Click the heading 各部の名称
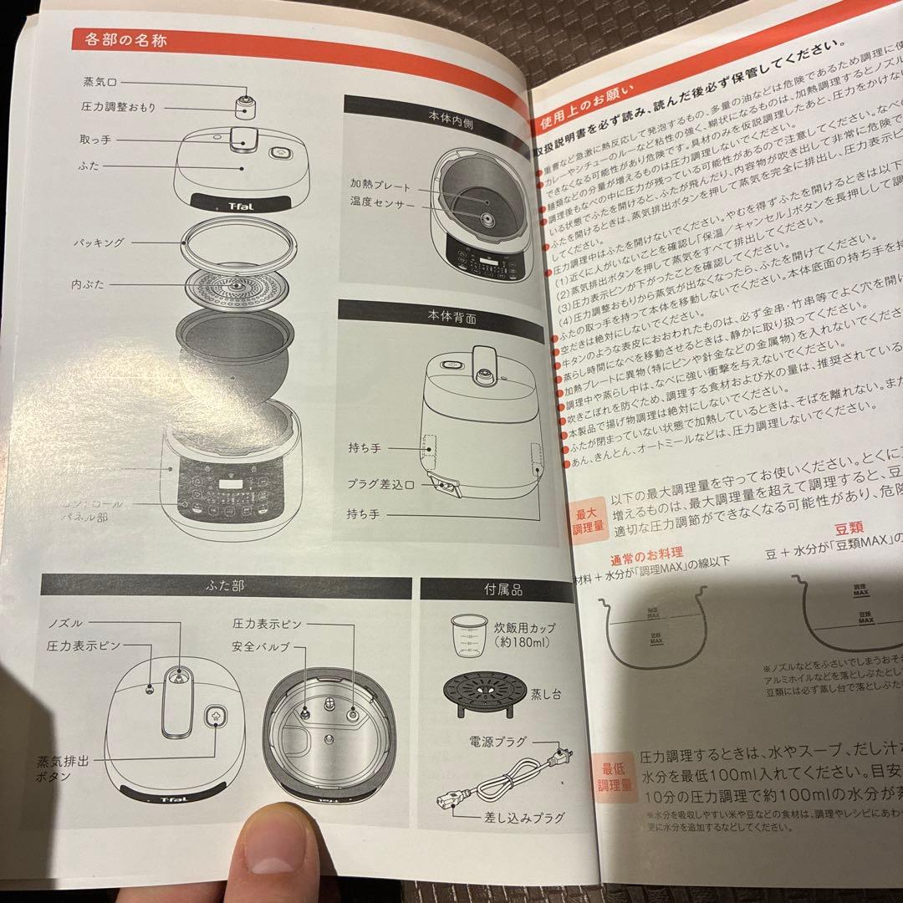click(x=126, y=39)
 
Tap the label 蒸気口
click(x=99, y=82)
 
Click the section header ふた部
click(x=225, y=586)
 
